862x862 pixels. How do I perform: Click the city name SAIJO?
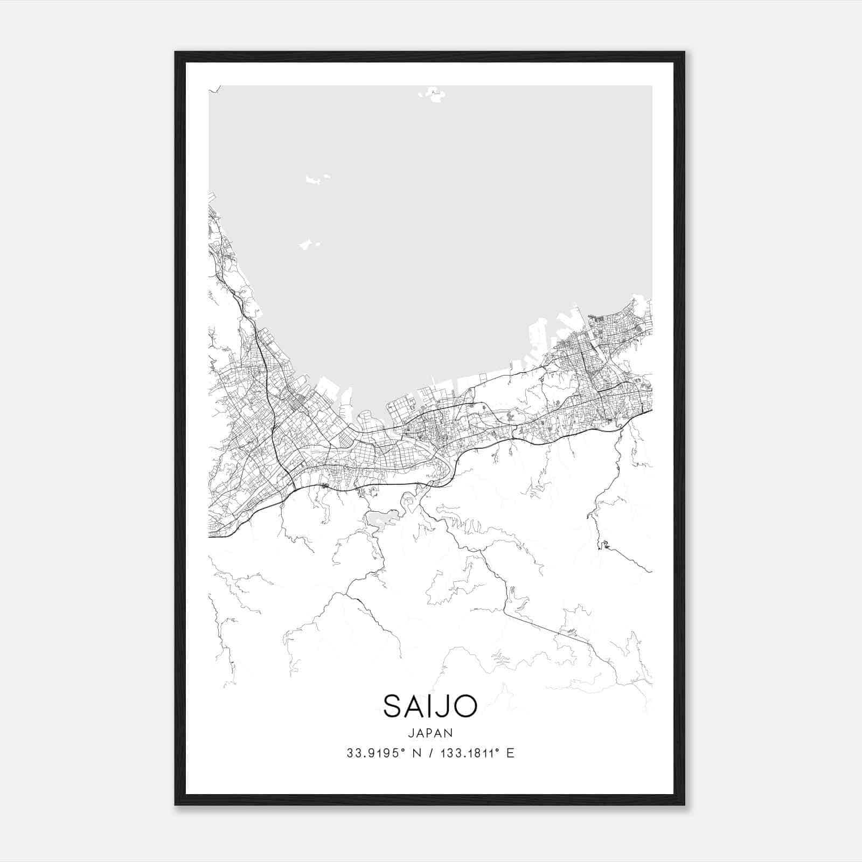pos(430,706)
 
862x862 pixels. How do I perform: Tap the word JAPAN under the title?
pos(430,733)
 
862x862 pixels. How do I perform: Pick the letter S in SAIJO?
pos(392,706)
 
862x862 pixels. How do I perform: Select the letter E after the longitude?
pos(510,753)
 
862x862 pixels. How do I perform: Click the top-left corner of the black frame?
pos(176,53)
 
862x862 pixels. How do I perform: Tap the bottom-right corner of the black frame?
pos(684,804)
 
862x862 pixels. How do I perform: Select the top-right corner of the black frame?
pos(684,53)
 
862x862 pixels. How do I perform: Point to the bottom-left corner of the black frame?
pos(176,804)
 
